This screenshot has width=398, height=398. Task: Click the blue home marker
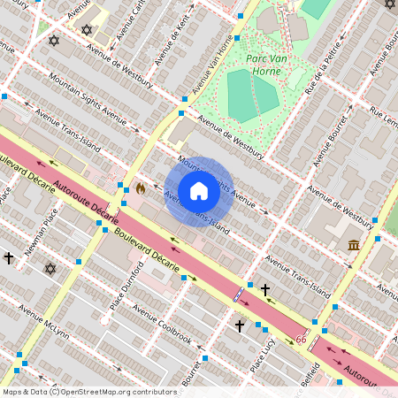click(199, 191)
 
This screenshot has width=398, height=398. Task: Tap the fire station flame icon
click(140, 188)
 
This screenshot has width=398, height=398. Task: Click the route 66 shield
click(302, 340)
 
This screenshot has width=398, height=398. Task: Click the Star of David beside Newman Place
click(50, 268)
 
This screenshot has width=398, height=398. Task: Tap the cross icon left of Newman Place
click(9, 258)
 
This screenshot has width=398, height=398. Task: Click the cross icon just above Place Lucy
click(239, 326)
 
